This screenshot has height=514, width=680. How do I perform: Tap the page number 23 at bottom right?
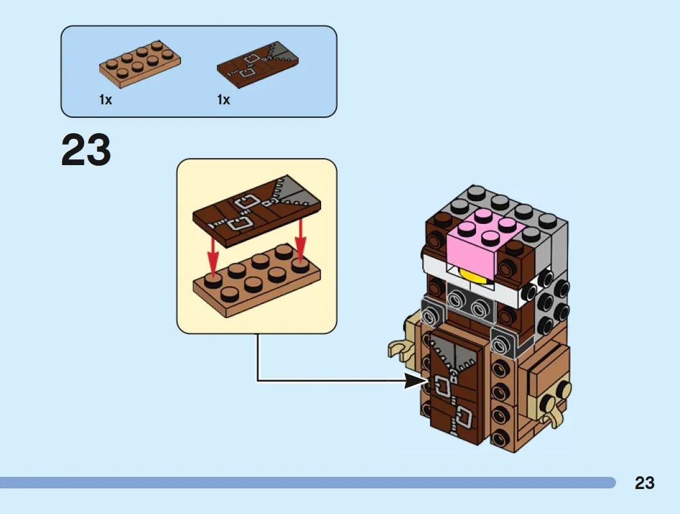point(644,483)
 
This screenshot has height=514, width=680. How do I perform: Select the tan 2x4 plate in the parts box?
point(140,64)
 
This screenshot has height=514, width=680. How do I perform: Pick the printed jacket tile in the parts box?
point(258,65)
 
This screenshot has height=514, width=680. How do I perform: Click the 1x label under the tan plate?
point(106,100)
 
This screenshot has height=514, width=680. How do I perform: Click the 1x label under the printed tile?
point(223,100)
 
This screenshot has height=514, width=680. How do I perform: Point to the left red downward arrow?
point(212,255)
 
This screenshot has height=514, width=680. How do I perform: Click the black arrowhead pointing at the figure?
point(415,381)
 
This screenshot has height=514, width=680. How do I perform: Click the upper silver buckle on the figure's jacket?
point(444,387)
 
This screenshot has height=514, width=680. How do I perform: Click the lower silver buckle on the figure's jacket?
point(463,418)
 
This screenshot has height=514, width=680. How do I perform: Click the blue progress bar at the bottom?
point(308,483)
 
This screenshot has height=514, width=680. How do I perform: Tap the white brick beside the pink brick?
point(435,262)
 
